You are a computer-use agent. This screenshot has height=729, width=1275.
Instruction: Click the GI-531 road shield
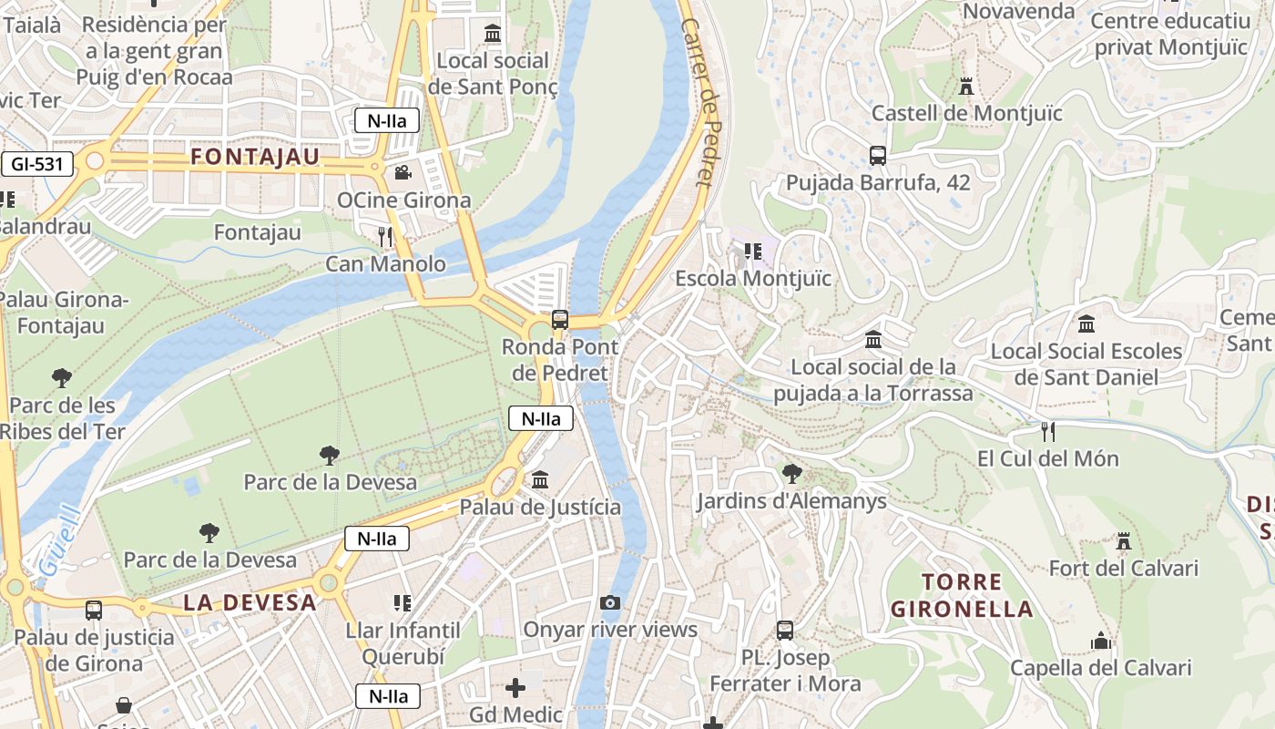pyautogui.click(x=37, y=164)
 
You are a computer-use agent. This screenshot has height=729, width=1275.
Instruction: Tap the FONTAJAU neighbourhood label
pyautogui.click(x=255, y=157)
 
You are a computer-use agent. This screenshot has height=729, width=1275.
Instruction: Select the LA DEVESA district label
pyautogui.click(x=250, y=601)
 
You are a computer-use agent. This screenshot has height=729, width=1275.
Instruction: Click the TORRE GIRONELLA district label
pyautogui.click(x=962, y=595)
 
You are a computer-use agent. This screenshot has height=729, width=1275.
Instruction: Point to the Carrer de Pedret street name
pyautogui.click(x=701, y=102)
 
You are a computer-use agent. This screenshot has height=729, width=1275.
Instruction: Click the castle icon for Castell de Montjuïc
pyautogui.click(x=966, y=87)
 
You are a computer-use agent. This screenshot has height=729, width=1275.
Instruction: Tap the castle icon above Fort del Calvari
pyautogui.click(x=1123, y=541)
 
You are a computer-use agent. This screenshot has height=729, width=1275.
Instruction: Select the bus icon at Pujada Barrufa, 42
pyautogui.click(x=878, y=156)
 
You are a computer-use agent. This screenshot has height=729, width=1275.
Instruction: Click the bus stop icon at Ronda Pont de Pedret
pyautogui.click(x=560, y=320)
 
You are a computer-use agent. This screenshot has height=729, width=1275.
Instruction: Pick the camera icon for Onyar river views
pyautogui.click(x=610, y=602)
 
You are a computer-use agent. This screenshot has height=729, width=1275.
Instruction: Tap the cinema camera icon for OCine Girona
pyautogui.click(x=403, y=172)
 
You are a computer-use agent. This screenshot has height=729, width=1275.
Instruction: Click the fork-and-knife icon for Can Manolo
pyautogui.click(x=385, y=237)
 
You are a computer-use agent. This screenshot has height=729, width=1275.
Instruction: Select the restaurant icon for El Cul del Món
pyautogui.click(x=1047, y=431)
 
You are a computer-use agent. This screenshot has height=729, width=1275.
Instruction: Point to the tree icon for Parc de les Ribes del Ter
pyautogui.click(x=62, y=377)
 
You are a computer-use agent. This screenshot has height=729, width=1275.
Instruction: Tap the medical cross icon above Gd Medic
pyautogui.click(x=515, y=687)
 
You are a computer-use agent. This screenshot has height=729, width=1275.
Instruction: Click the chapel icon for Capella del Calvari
pyautogui.click(x=1100, y=641)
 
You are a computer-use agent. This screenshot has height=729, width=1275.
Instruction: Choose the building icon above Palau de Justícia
pyautogui.click(x=540, y=479)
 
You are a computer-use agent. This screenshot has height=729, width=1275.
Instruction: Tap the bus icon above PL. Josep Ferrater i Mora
pyautogui.click(x=784, y=630)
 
